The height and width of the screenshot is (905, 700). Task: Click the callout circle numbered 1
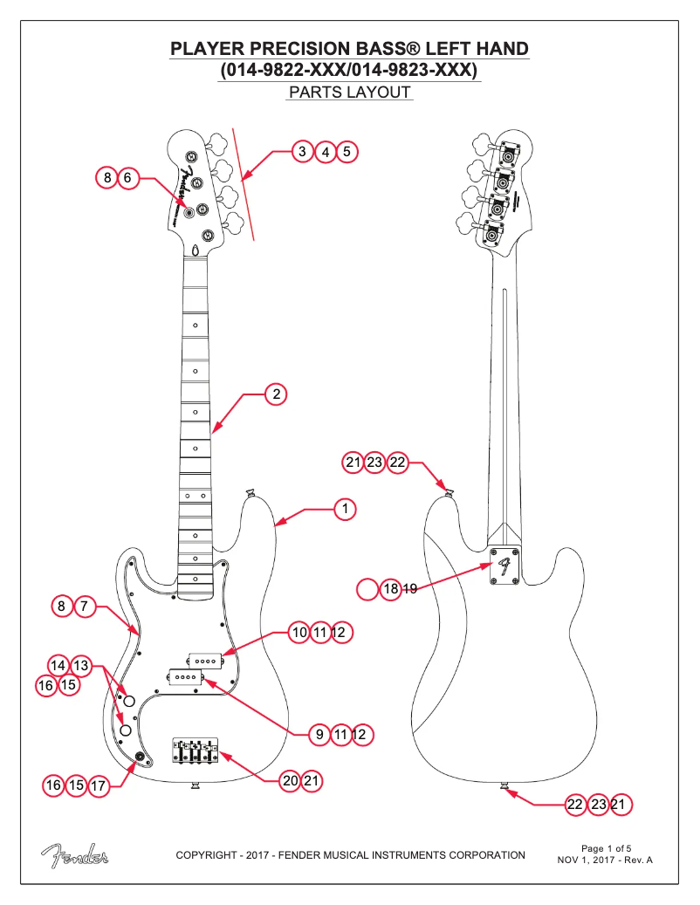point(345,508)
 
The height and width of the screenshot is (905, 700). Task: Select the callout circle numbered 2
point(276,394)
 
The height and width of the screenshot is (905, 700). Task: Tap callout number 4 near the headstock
point(326,152)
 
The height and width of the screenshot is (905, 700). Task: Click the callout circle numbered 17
point(99,785)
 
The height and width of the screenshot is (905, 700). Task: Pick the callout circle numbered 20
point(291,781)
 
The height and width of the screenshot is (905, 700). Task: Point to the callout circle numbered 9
point(319,735)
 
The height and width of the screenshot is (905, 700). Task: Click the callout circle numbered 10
point(299,631)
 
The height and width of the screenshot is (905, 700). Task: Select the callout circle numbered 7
point(85,606)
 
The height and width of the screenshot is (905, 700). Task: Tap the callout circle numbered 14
point(58,665)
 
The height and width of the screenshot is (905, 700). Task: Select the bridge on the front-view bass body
point(196,749)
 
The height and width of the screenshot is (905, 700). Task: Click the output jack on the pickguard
point(139,755)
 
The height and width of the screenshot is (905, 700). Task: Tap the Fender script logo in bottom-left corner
point(74,856)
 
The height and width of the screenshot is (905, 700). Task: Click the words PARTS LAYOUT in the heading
point(349,93)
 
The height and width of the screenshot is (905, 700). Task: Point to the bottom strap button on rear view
point(504,788)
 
